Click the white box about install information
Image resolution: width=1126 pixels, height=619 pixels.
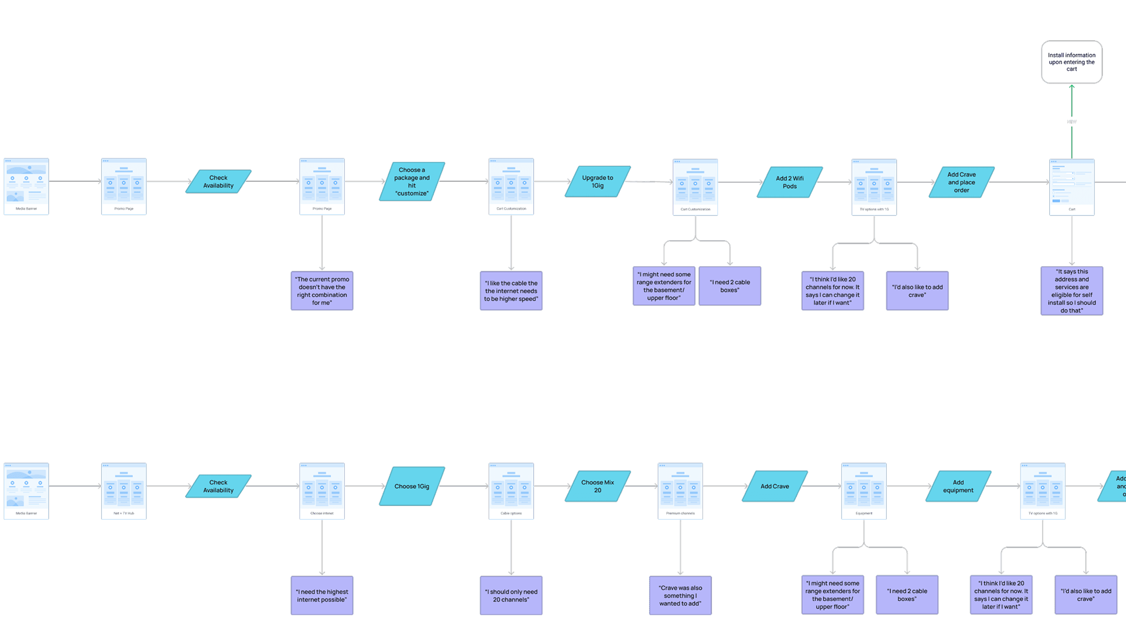coord(1071,62)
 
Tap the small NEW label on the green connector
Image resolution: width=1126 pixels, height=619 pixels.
coord(1071,122)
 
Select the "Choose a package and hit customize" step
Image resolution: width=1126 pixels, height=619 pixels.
coord(412,181)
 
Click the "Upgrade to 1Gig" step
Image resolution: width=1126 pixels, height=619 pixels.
coord(598,181)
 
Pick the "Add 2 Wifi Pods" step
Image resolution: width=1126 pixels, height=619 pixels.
coord(790,182)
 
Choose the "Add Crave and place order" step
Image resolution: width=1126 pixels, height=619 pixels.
coord(961,182)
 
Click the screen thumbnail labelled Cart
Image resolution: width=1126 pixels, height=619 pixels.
coord(1072,187)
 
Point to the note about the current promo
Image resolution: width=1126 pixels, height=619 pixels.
coord(322,291)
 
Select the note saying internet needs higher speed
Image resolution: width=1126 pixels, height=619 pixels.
coord(511,291)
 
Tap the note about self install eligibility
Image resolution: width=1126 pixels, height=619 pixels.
coord(1072,291)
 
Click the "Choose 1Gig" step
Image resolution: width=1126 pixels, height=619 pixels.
coord(412,486)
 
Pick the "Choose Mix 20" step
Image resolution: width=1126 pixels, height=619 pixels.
coord(598,486)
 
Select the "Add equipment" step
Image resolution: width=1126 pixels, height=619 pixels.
coord(958,486)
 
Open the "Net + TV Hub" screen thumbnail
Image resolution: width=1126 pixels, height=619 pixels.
coord(124,491)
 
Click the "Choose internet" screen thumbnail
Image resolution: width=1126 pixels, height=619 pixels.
coord(322,491)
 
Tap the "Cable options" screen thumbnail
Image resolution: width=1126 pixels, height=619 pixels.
coord(511,491)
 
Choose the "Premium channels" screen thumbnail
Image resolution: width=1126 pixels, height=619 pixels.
coord(680,491)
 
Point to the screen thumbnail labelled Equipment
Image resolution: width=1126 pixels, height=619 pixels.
coord(863,491)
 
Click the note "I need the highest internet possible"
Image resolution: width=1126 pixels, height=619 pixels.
coord(322,596)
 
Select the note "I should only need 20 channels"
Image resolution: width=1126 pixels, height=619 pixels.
coord(511,596)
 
